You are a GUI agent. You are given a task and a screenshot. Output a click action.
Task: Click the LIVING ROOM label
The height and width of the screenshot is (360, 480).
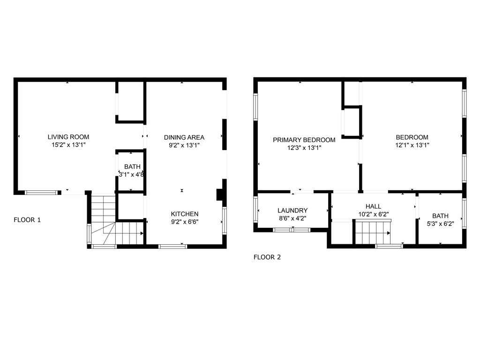pyautogui.click(x=68, y=137)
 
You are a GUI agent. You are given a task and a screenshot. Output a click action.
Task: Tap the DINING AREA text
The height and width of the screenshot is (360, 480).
pyautogui.click(x=184, y=137)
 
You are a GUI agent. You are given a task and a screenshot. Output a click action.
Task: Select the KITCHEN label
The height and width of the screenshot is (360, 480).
pyautogui.click(x=185, y=214)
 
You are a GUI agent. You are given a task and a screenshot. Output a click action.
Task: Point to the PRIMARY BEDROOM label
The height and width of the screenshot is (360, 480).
pyautogui.click(x=304, y=140)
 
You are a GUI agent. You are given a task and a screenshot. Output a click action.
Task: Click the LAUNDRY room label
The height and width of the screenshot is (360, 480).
pyautogui.click(x=292, y=210)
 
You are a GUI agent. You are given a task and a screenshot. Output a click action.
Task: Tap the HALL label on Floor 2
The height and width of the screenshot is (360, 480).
pyautogui.click(x=373, y=207)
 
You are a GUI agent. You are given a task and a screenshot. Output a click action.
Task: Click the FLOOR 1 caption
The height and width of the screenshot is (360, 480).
pyautogui.click(x=27, y=220)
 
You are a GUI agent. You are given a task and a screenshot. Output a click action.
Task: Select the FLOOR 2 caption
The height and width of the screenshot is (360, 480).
pyautogui.click(x=267, y=257)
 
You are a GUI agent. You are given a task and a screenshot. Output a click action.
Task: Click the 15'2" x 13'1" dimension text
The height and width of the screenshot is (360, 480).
pyautogui.click(x=68, y=145)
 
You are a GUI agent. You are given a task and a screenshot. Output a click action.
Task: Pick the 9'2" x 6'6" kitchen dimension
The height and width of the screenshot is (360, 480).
pyautogui.click(x=185, y=222)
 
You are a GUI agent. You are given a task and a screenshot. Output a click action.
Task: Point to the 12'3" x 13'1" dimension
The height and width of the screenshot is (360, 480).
pyautogui.click(x=304, y=148)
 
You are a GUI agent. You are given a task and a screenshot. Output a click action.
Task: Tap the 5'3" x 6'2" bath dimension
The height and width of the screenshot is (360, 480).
pyautogui.click(x=440, y=224)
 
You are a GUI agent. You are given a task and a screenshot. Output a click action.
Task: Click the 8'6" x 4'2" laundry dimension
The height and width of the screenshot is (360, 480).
pyautogui.click(x=292, y=218)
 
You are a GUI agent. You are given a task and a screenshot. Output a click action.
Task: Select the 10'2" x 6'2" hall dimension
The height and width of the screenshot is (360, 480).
pyautogui.click(x=374, y=214)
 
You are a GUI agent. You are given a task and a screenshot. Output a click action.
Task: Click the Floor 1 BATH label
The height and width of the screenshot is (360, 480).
pyautogui.click(x=132, y=167)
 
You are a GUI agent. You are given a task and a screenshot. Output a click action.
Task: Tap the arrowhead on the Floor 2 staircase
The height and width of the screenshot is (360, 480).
pyautogui.click(x=389, y=233)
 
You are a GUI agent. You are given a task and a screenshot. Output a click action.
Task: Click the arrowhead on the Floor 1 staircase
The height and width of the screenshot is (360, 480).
pyautogui.click(x=142, y=233)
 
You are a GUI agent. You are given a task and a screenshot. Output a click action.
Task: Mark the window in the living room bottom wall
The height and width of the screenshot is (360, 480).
pyautogui.click(x=41, y=193)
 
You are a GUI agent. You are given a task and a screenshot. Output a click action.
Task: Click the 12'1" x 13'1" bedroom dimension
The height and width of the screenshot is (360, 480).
pyautogui.click(x=412, y=145)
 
